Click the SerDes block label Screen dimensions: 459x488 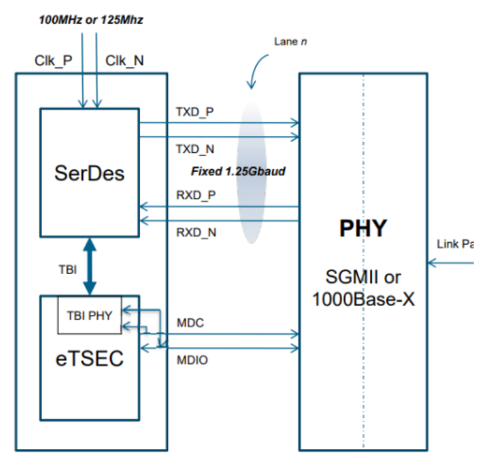tap(89, 172)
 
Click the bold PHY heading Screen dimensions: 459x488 tap(363, 228)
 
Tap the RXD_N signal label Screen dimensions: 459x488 tap(194, 232)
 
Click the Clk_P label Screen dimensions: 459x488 tap(53, 61)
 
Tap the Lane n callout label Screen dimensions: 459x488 tap(290, 41)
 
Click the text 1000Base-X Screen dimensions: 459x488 tap(363, 299)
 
